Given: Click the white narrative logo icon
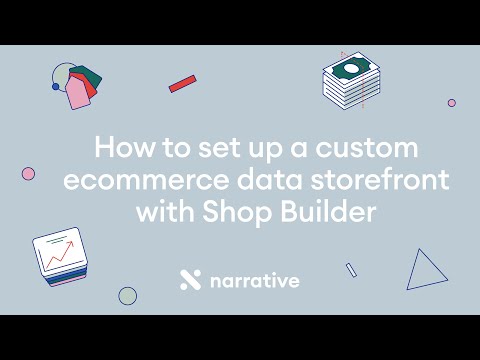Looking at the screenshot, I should pos(190,280).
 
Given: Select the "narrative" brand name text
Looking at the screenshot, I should pos(254,281).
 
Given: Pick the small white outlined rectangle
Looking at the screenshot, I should pos(351,269).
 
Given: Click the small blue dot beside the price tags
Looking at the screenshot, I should pos(56,87).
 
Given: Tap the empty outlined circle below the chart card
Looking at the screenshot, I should pos(127,295).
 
